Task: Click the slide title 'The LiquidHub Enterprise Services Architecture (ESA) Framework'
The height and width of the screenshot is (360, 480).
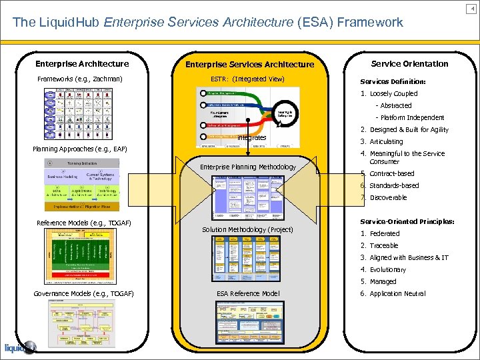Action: point(207,22)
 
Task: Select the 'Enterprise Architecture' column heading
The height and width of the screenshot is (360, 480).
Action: point(82,64)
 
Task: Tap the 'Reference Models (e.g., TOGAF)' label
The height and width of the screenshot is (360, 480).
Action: point(83,222)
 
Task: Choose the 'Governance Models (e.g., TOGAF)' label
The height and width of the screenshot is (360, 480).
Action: point(83,294)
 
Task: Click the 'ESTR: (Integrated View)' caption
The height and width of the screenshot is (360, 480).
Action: point(247,79)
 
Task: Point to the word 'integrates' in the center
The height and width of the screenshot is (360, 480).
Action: point(252,137)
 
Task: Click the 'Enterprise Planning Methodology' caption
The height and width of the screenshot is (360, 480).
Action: point(248,167)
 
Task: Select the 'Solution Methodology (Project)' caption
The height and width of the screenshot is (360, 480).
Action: point(247,229)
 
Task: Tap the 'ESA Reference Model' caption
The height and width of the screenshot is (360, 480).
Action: point(248,294)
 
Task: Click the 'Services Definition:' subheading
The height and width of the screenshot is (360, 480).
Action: point(393,82)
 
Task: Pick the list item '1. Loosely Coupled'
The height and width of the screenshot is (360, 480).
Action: point(389,94)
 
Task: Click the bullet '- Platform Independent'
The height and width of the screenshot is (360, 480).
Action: point(410,118)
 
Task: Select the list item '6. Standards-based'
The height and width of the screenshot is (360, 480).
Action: point(390,185)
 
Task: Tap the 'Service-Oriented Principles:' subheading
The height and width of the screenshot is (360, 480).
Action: point(407,221)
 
